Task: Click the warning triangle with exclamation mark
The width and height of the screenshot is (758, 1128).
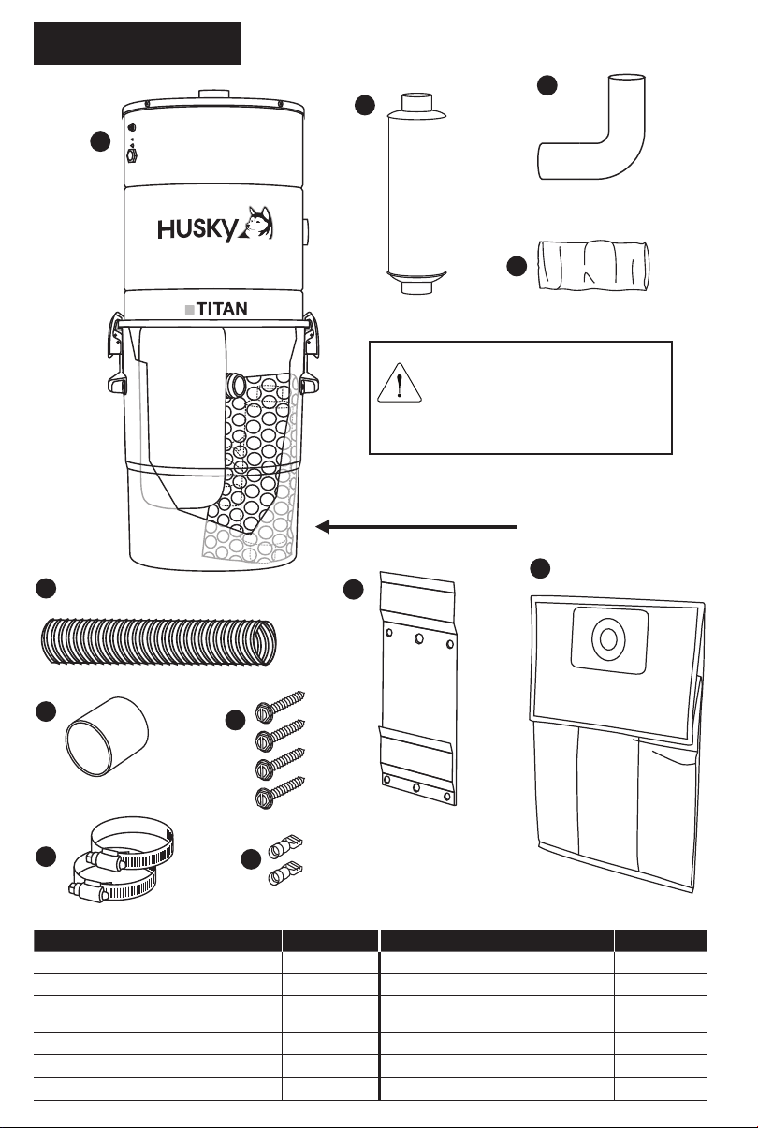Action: pyautogui.click(x=401, y=384)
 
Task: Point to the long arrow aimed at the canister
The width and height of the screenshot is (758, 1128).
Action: pyautogui.click(x=416, y=527)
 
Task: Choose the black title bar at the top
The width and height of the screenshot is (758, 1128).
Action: pyautogui.click(x=138, y=44)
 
